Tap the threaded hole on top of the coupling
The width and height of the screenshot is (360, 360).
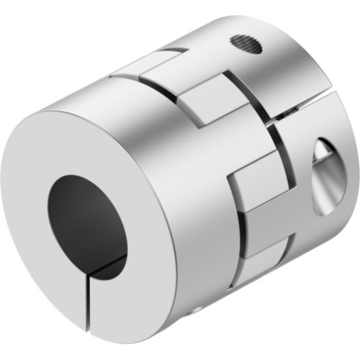[x=246, y=45]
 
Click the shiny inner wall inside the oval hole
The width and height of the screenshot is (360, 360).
[x=333, y=180]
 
